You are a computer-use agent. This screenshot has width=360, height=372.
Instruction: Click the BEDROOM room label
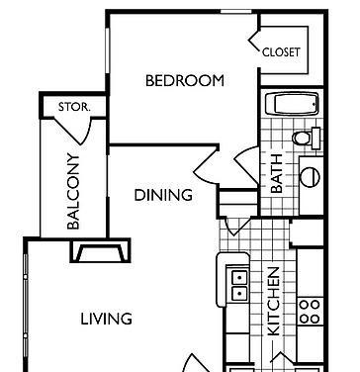coord(184,81)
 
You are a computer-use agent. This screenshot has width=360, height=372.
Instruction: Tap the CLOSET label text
coord(281,51)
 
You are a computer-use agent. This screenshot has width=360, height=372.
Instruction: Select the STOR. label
coord(74,106)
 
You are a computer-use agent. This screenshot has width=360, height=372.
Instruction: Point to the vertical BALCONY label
coord(73,192)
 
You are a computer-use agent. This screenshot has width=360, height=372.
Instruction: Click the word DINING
coord(163,195)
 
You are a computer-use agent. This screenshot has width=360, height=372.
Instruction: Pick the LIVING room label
coord(107,319)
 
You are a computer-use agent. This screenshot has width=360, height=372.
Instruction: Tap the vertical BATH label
coord(277,172)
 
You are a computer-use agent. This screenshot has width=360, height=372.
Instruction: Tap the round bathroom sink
coord(311,178)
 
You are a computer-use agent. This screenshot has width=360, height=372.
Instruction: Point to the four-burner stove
coord(310,311)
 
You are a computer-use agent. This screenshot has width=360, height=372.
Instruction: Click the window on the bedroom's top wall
coord(235,11)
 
